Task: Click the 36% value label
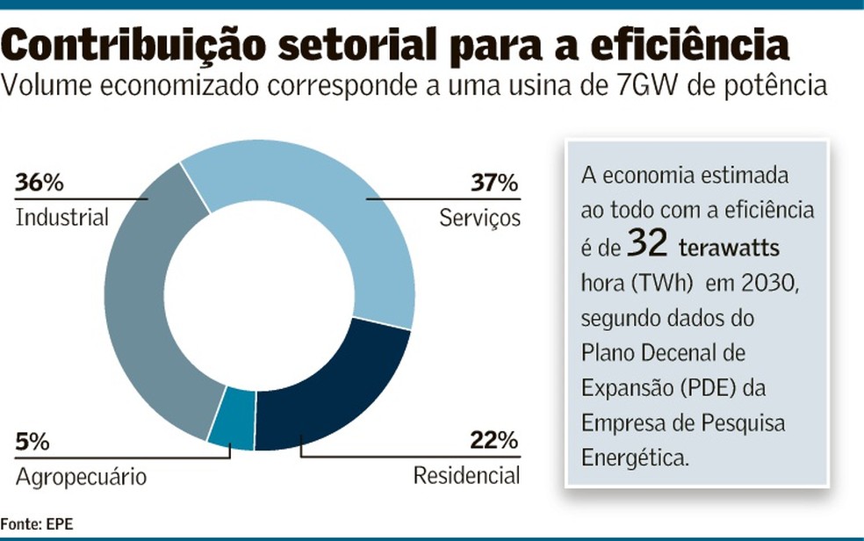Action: tap(40, 184)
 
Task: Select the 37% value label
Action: tap(495, 184)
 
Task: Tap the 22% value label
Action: tap(495, 442)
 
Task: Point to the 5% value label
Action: tap(32, 444)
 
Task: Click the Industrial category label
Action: tap(61, 217)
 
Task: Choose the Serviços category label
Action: tap(479, 218)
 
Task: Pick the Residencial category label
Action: tap(466, 476)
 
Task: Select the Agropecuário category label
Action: tap(81, 477)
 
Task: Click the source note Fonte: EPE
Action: tap(37, 523)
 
